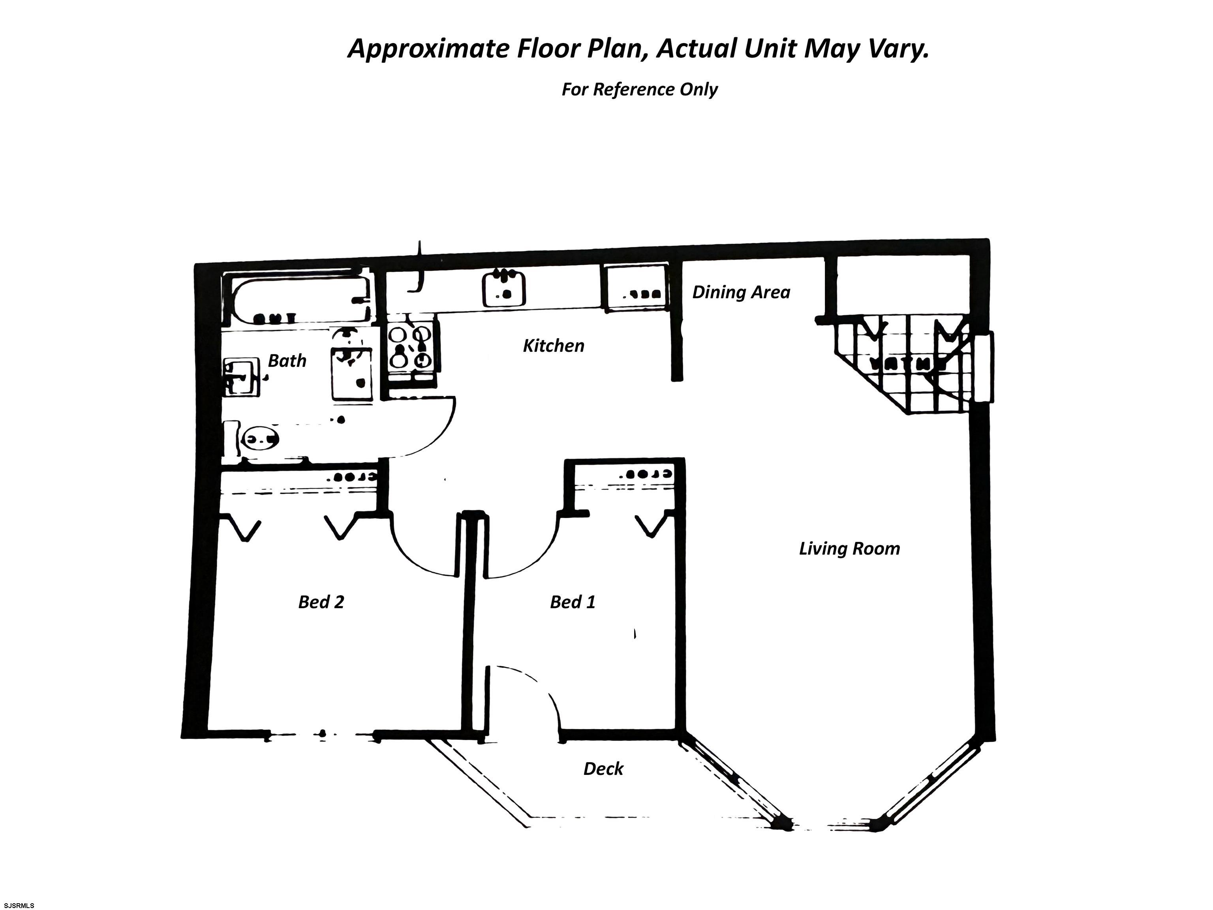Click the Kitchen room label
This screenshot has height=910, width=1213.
coord(553,346)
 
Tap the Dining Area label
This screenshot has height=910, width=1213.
coord(741,292)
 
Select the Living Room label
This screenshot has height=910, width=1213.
coord(849,549)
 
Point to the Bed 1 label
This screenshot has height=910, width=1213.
coord(572,602)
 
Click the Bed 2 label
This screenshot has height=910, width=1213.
coord(321,602)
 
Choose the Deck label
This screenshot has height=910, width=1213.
coord(603,769)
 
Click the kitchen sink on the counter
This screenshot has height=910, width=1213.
coord(503,289)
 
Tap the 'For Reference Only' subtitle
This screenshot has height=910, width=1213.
coord(639,89)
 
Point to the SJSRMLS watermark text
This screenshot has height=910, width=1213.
coord(19,905)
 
